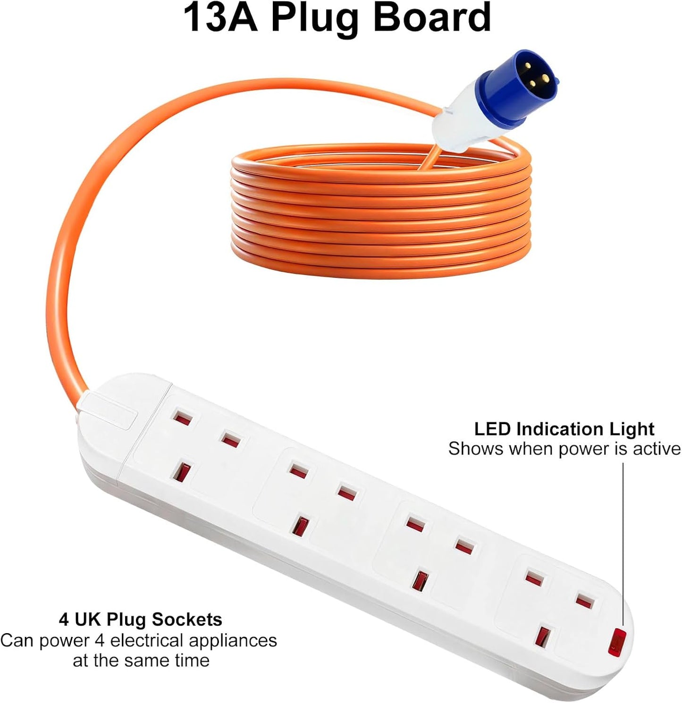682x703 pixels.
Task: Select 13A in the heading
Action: tap(220, 18)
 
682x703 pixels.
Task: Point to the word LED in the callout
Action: tap(493, 429)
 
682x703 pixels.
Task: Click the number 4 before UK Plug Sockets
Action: tap(64, 619)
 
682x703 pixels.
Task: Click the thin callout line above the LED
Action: tap(623, 543)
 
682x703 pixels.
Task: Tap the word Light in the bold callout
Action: tap(632, 429)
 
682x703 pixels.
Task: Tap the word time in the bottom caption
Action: tap(192, 660)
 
